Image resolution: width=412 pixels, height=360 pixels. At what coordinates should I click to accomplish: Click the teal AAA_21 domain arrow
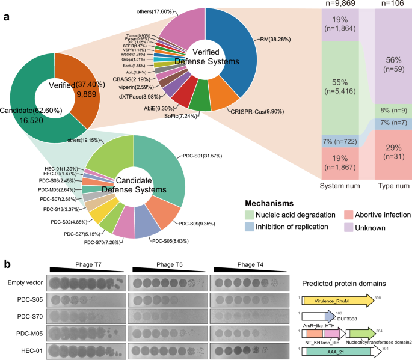[340, 351]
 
